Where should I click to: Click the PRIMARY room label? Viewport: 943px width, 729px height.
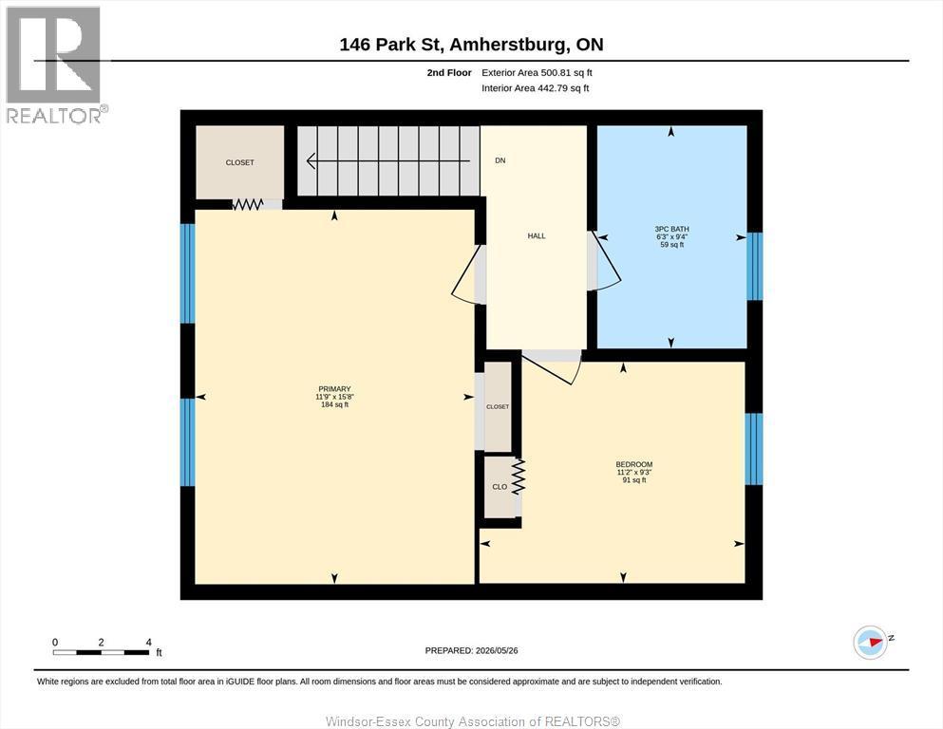(334, 389)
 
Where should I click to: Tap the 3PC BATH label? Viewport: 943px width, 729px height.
(671, 229)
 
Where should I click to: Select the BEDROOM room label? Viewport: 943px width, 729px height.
(633, 464)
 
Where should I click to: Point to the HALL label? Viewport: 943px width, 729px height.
(537, 236)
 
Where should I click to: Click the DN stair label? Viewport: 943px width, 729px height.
(500, 160)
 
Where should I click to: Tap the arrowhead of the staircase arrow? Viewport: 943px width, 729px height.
(311, 161)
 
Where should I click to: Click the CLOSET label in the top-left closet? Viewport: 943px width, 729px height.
(240, 162)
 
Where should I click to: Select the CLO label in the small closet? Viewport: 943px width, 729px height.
(500, 487)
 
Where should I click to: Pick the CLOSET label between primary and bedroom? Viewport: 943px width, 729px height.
(498, 407)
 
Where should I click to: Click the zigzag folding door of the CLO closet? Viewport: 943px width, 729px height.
(518, 477)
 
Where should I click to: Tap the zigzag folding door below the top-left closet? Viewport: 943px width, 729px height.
(248, 204)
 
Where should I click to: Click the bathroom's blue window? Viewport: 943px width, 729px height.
(754, 266)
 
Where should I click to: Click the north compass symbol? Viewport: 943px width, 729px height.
(871, 642)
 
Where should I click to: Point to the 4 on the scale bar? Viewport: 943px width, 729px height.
(148, 643)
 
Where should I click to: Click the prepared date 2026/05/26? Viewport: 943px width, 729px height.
(497, 650)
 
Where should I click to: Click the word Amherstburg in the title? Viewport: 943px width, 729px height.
(507, 45)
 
